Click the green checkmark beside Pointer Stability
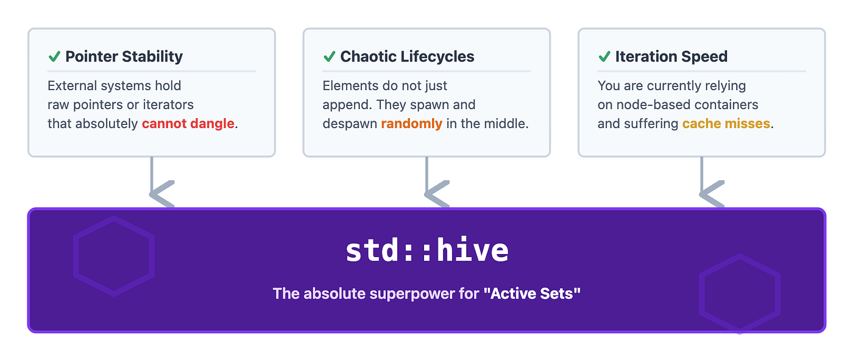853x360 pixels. click(x=54, y=57)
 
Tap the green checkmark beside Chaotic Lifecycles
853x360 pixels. click(x=330, y=57)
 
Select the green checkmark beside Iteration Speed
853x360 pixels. click(x=604, y=57)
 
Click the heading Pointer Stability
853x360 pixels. click(x=124, y=56)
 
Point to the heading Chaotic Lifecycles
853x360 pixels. click(x=407, y=56)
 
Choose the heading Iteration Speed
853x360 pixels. click(x=671, y=56)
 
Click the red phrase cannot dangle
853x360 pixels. click(x=188, y=124)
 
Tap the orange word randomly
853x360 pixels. click(x=412, y=124)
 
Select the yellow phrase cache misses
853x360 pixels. click(x=726, y=124)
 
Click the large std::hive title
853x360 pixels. click(x=427, y=250)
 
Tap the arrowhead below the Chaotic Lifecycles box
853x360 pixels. click(x=437, y=194)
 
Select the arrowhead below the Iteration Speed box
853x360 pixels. click(x=712, y=194)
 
